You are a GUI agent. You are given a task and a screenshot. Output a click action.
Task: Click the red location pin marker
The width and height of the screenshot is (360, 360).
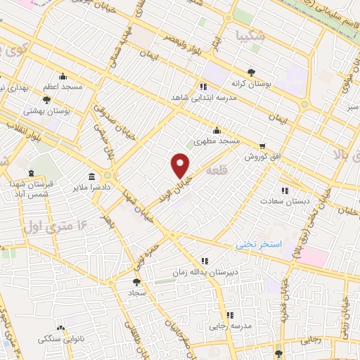(181, 165)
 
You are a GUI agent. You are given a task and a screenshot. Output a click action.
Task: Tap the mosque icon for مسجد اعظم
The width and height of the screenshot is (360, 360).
(63, 77)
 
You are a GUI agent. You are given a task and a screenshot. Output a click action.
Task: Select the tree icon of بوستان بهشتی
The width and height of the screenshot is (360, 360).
(46, 100)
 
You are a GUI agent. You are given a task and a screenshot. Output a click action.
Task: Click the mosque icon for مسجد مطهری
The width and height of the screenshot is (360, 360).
(217, 130)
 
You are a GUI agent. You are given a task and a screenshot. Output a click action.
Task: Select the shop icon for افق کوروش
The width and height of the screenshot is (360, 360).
(262, 146)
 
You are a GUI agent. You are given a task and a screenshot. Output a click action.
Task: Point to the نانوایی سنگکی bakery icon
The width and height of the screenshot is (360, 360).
(60, 327)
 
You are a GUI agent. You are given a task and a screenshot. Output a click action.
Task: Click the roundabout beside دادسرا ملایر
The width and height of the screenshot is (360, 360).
(108, 176)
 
